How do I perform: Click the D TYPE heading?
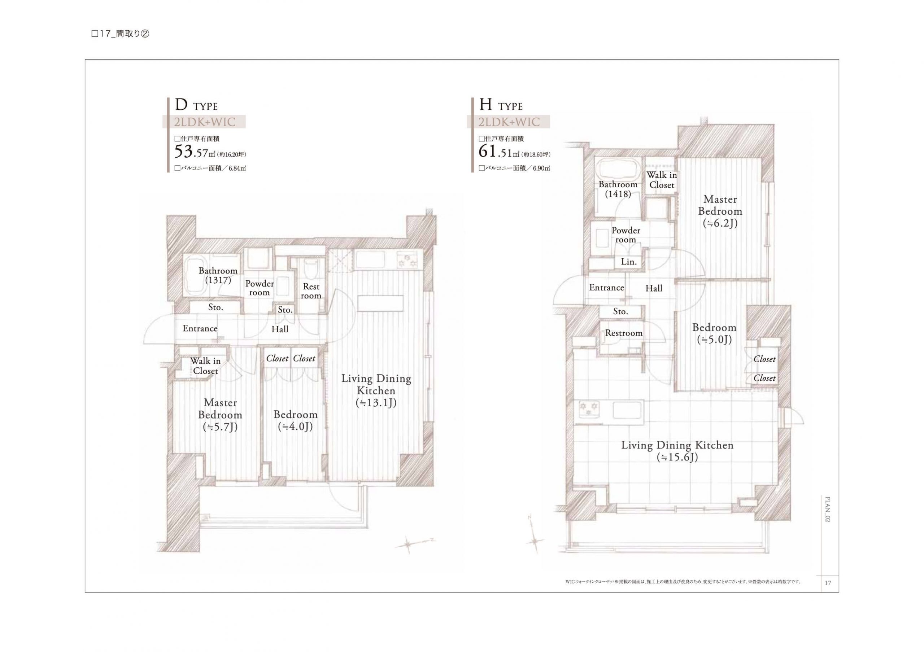click(196, 105)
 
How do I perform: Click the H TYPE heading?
click(501, 105)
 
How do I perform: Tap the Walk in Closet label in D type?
click(205, 366)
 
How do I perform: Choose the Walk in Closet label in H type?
click(662, 180)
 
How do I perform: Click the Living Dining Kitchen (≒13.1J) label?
click(376, 390)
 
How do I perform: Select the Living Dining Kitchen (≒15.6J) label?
click(677, 451)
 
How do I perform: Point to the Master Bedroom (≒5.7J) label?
click(220, 415)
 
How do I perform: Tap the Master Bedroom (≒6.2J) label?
click(720, 211)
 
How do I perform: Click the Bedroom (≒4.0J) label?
click(295, 420)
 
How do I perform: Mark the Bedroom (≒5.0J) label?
click(714, 333)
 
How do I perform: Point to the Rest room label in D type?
click(311, 291)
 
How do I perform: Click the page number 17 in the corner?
click(828, 583)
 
